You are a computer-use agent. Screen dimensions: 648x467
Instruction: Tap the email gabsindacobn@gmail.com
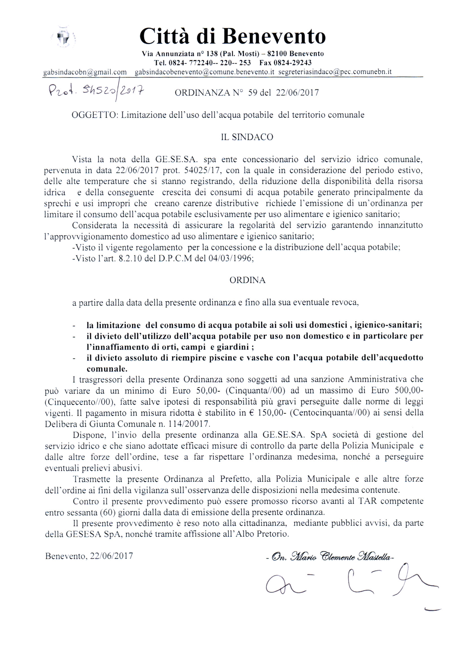[x=85, y=72]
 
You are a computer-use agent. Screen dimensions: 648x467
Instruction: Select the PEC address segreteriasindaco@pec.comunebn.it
[x=334, y=72]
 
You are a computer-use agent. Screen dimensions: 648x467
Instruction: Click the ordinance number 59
[x=252, y=92]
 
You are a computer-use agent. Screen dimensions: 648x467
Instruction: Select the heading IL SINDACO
[x=247, y=137]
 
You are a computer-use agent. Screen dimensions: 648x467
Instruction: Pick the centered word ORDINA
[x=247, y=280]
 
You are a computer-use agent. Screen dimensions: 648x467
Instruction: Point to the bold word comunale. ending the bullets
[x=107, y=369]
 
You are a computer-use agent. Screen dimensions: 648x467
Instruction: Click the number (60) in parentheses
[x=108, y=512]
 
